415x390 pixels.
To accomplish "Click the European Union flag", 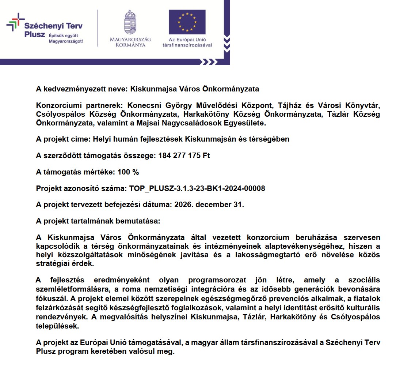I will [187, 22].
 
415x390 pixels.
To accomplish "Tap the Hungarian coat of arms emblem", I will [130, 23].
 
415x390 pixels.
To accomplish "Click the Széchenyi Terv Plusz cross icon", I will [15, 22].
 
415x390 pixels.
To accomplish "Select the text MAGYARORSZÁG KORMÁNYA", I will [130, 42].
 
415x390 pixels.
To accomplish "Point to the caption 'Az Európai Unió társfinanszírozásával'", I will [187, 42].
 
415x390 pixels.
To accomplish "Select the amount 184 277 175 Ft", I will [184, 155].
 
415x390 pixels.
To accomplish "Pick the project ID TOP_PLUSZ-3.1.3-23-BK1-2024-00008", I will [197, 188].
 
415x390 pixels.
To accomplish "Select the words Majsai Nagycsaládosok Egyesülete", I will [201, 123].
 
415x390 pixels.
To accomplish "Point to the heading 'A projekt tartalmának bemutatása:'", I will [98, 221].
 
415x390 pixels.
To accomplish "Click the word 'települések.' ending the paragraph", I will [57, 326].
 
